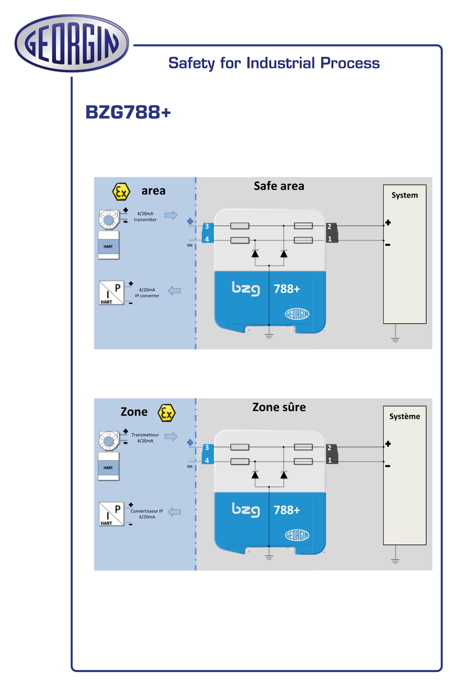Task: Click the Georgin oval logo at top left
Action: click(72, 43)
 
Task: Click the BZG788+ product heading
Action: click(128, 112)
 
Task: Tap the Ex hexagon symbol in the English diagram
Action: click(121, 192)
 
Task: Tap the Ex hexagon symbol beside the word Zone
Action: click(166, 413)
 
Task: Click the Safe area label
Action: click(279, 186)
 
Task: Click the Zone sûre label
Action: click(279, 407)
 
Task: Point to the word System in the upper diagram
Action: click(405, 195)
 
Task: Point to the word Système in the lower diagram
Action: click(405, 416)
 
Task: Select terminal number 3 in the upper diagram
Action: click(207, 226)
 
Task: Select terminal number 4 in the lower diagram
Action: click(207, 460)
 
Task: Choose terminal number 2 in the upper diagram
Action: click(329, 227)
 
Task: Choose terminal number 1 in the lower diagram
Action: click(330, 460)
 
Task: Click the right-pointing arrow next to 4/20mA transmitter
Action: click(171, 215)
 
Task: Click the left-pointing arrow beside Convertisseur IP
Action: click(174, 512)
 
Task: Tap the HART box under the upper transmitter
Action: click(108, 246)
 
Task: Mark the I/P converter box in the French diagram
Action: click(111, 514)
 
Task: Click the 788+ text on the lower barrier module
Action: click(287, 510)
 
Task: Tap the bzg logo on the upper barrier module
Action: click(246, 289)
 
